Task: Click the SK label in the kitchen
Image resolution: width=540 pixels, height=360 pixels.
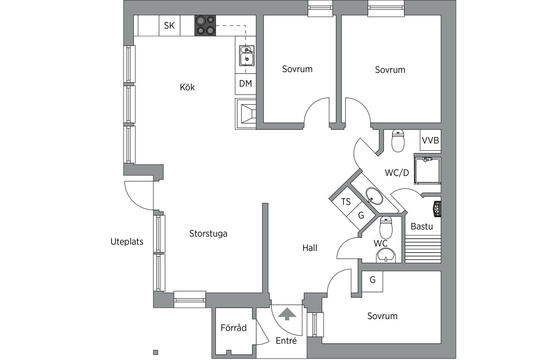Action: (169, 26)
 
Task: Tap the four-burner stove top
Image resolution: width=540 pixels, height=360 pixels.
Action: (205, 26)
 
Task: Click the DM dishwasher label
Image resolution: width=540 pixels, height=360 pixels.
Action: (245, 84)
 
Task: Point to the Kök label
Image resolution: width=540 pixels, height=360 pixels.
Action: (187, 87)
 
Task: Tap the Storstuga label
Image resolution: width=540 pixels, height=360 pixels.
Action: (208, 234)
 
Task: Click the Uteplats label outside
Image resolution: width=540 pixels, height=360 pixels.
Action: (127, 242)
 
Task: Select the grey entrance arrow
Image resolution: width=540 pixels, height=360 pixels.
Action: (287, 314)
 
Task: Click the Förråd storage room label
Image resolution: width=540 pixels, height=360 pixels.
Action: (234, 328)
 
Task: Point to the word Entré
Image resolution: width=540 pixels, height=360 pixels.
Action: (286, 341)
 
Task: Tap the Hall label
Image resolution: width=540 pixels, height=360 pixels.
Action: (310, 248)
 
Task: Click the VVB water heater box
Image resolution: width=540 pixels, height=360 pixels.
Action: (430, 140)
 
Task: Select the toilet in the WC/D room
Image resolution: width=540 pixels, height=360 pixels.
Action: (398, 141)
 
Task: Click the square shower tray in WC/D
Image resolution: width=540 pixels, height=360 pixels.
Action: (427, 171)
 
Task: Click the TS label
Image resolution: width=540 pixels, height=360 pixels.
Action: (346, 202)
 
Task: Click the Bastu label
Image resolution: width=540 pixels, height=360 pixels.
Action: (422, 227)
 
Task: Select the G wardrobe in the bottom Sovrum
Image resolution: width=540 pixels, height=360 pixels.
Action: (372, 280)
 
